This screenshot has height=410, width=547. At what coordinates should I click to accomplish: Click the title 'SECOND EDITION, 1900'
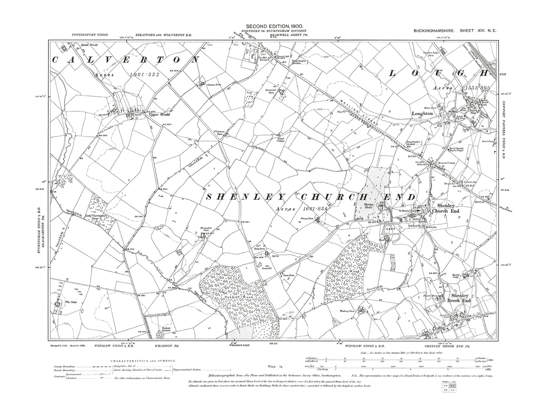(x=274, y=26)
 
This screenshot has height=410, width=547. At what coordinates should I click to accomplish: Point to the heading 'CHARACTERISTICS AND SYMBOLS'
(x=140, y=361)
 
